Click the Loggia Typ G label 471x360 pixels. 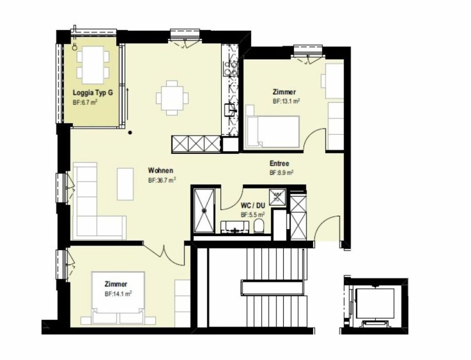click(92, 93)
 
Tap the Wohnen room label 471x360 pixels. click(161, 170)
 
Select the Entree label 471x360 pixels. click(279, 164)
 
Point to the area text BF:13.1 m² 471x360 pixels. click(286, 101)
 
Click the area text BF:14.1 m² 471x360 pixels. click(118, 294)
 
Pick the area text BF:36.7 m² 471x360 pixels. click(162, 180)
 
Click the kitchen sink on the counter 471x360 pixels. click(230, 110)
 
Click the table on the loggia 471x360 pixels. click(93, 63)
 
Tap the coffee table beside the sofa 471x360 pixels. click(125, 184)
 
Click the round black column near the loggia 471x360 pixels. click(130, 132)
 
